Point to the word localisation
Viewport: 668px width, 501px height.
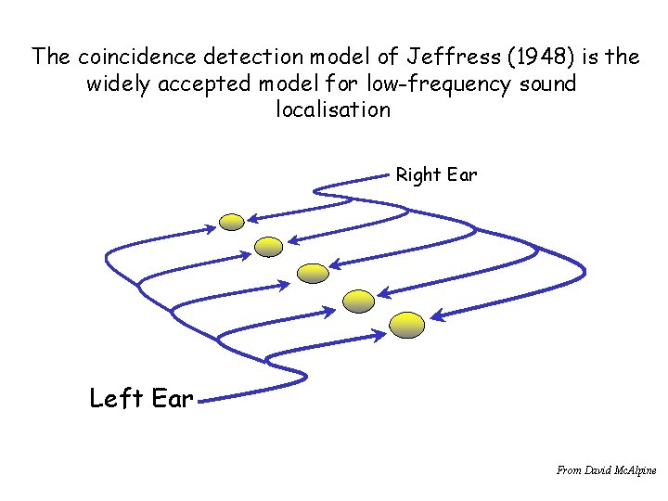(334, 109)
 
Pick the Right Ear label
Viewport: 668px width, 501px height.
(436, 174)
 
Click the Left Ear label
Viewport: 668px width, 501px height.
(141, 399)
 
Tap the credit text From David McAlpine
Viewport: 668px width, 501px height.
(606, 470)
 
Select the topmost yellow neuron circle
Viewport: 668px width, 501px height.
(232, 221)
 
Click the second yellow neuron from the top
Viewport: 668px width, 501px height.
(268, 246)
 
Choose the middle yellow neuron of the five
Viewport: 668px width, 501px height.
(312, 272)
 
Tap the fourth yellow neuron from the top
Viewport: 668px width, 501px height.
(358, 299)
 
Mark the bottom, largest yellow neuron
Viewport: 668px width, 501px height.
(406, 324)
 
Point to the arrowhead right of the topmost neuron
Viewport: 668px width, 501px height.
(251, 219)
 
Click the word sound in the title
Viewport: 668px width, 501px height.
(546, 83)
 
